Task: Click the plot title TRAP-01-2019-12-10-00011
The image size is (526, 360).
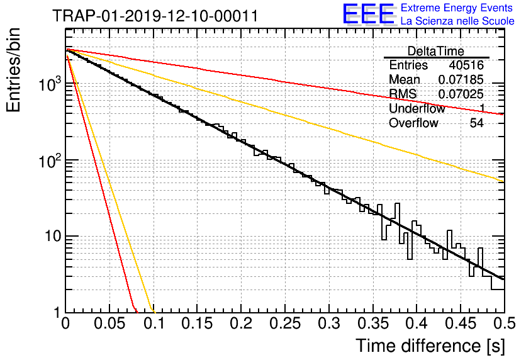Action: pos(155,16)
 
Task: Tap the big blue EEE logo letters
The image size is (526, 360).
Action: pos(369,14)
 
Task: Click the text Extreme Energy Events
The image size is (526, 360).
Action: pos(457,8)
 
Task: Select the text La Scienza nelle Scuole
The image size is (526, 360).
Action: pos(457,21)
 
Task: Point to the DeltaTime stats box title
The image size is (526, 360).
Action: pos(436,51)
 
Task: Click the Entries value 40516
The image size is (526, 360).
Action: pos(466,65)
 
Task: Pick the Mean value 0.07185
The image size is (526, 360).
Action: pos(461,79)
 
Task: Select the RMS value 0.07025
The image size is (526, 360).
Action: pos(461,94)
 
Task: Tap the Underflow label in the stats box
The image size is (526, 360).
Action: pos(417,108)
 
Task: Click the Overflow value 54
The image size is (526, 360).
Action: pos(476,123)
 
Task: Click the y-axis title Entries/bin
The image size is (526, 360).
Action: pos(13,70)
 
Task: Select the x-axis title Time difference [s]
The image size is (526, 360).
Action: pos(430,346)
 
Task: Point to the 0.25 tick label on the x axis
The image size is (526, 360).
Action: pos(285,323)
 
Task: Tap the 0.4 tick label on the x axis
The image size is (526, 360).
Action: pos(417,323)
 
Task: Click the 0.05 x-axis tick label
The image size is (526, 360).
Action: pos(109,323)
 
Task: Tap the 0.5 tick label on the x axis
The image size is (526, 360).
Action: pos(504,323)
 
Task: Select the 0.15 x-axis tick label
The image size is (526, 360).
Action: pos(197,323)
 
